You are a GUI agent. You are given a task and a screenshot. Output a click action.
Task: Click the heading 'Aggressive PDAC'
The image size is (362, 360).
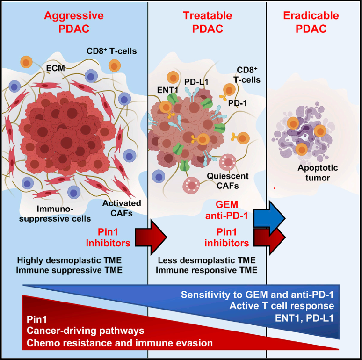[74, 23]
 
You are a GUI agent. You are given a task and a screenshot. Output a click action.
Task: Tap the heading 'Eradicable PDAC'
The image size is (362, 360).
[311, 23]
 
